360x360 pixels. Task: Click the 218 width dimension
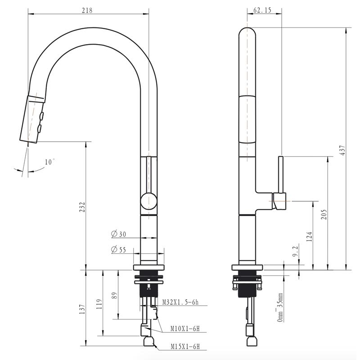pyautogui.click(x=87, y=10)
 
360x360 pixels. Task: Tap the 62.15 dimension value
pyautogui.click(x=262, y=10)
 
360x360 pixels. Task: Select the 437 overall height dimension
pyautogui.click(x=342, y=150)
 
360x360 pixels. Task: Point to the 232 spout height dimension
pyautogui.click(x=82, y=207)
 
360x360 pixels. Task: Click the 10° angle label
pyautogui.click(x=50, y=162)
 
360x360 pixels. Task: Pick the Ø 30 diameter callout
pyautogui.click(x=118, y=234)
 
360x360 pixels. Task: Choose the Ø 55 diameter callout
pyautogui.click(x=118, y=249)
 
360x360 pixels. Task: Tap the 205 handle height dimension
pyautogui.click(x=324, y=215)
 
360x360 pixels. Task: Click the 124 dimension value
pyautogui.click(x=309, y=236)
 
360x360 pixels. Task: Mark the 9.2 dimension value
pyautogui.click(x=295, y=251)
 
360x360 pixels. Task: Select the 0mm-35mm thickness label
pyautogui.click(x=280, y=307)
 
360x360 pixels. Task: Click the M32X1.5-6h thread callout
pyautogui.click(x=180, y=302)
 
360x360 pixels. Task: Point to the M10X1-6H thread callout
pyautogui.click(x=185, y=329)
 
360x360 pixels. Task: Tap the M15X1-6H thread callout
pyautogui.click(x=185, y=346)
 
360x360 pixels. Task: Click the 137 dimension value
pyautogui.click(x=82, y=309)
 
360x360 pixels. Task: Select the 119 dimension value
pyautogui.click(x=99, y=304)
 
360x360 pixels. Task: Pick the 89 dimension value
pyautogui.click(x=114, y=295)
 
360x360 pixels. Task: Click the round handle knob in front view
pyautogui.click(x=149, y=201)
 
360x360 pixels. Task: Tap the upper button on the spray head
pyautogui.click(x=42, y=116)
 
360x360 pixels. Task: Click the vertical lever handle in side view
pyautogui.click(x=281, y=175)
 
